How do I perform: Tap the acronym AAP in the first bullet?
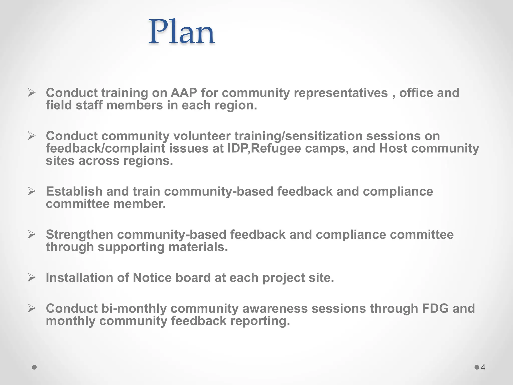184,93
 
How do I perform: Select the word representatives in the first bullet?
341,93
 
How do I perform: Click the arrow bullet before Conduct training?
32,93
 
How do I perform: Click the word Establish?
74,191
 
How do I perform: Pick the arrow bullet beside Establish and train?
32,191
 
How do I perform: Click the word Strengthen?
79,235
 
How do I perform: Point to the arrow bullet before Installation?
32,278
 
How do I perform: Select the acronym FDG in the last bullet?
435,309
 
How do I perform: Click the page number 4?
483,367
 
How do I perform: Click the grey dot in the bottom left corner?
35,367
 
